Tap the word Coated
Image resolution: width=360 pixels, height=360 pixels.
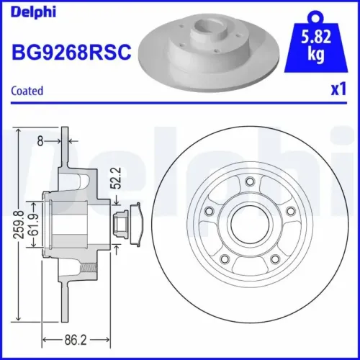(28, 91)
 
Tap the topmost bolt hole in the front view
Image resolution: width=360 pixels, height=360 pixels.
(249, 181)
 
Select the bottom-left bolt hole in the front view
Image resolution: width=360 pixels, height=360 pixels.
(225, 258)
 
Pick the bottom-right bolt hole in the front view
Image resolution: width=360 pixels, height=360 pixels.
(274, 258)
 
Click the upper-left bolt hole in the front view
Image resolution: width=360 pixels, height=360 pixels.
(210, 210)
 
